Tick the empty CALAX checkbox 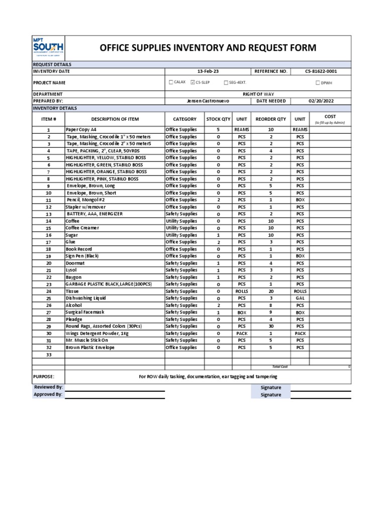[171, 82]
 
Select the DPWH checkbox [318, 82]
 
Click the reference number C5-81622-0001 [321, 71]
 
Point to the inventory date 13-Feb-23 [208, 71]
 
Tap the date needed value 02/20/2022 [321, 101]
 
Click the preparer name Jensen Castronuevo [208, 101]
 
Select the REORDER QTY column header [271, 119]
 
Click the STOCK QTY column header [218, 119]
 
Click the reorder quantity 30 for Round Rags [271, 326]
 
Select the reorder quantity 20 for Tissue [271, 291]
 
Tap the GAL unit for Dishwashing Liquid [300, 298]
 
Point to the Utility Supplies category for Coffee [181, 221]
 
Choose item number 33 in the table [49, 355]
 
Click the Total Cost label [276, 367]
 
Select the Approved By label [48, 395]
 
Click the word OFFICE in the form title [116, 48]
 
